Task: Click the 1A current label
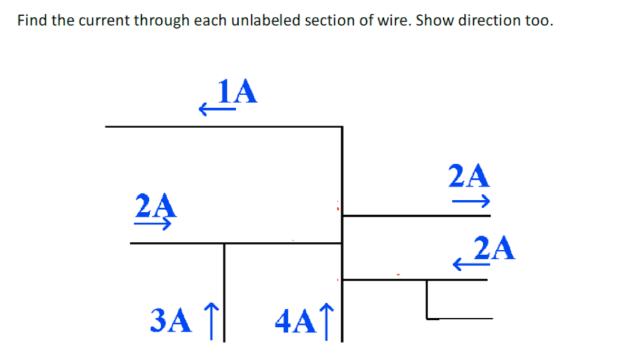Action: [237, 92]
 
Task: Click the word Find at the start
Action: [31, 20]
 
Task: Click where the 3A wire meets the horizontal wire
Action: [224, 243]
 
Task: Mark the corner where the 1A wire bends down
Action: [342, 127]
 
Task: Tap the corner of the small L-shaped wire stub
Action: [427, 318]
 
